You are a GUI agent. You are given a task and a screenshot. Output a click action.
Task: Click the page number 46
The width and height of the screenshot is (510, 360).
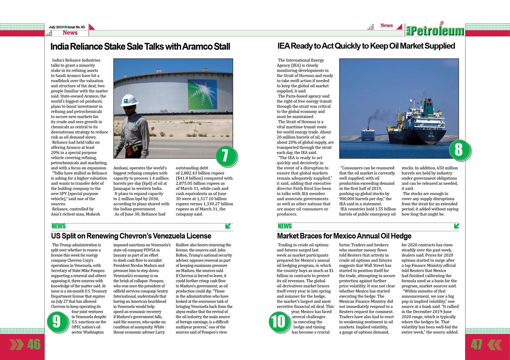34,344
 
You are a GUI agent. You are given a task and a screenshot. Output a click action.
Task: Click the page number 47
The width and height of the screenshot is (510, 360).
476,344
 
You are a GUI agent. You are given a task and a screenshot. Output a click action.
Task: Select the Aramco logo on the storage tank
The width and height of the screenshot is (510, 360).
202,94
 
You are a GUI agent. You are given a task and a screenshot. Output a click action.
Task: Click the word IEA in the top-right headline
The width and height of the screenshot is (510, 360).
284,46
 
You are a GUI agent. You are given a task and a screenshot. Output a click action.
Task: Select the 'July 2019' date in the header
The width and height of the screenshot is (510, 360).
56,27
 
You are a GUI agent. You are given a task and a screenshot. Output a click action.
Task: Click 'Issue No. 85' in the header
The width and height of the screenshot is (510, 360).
76,27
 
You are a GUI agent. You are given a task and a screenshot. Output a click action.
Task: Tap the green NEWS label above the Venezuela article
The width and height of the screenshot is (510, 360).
58,226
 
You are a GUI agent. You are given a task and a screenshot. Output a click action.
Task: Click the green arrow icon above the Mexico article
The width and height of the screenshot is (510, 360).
456,226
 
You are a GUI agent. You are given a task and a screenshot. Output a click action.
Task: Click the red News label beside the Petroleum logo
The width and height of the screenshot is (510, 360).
386,25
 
